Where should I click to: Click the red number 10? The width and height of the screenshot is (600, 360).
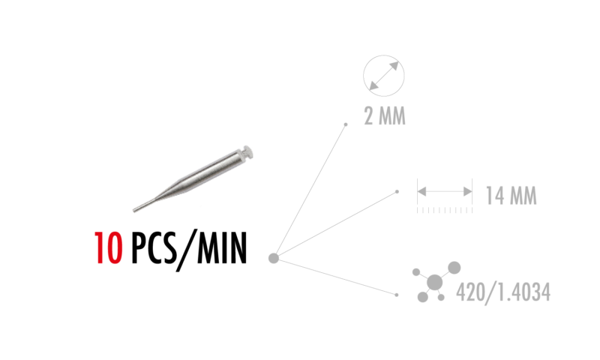pyautogui.click(x=108, y=248)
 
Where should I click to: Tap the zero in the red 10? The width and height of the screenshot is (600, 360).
pyautogui.click(x=114, y=248)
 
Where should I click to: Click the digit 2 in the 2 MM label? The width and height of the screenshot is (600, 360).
pyautogui.click(x=369, y=116)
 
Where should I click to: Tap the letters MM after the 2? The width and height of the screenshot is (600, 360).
pyautogui.click(x=391, y=116)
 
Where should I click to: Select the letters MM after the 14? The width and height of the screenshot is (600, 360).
pyautogui.click(x=523, y=196)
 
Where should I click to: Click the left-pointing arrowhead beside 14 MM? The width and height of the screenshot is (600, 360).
pyautogui.click(x=422, y=191)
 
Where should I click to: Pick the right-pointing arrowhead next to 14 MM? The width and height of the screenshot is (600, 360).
pyautogui.click(x=467, y=191)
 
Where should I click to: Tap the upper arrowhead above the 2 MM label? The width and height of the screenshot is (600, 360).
pyautogui.click(x=394, y=66)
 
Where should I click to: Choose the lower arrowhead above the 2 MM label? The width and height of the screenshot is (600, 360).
pyautogui.click(x=373, y=85)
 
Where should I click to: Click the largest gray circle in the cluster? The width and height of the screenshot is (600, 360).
pyautogui.click(x=434, y=282)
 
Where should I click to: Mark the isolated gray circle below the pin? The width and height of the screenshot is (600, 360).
pyautogui.click(x=274, y=258)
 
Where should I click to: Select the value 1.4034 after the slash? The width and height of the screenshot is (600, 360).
pyautogui.click(x=523, y=292)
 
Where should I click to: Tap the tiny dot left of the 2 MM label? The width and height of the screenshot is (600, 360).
pyautogui.click(x=346, y=124)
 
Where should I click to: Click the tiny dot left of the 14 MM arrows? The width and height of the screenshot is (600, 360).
pyautogui.click(x=397, y=192)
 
